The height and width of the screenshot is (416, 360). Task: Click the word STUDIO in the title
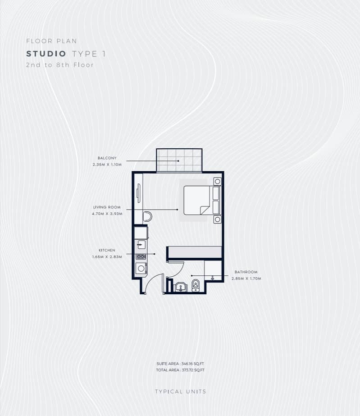click(x=46, y=54)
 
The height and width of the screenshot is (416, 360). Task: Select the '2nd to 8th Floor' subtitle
click(x=60, y=65)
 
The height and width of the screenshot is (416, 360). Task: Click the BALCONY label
click(x=107, y=158)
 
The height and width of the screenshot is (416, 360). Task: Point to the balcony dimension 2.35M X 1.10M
click(x=107, y=165)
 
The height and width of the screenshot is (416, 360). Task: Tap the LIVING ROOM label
click(x=107, y=207)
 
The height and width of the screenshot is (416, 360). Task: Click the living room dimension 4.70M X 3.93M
click(x=107, y=214)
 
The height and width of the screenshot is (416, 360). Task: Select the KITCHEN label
click(x=107, y=250)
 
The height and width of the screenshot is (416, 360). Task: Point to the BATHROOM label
click(x=246, y=272)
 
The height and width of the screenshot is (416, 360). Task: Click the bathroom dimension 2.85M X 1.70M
click(x=246, y=279)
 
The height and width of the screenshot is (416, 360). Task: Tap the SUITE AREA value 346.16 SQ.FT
click(x=192, y=364)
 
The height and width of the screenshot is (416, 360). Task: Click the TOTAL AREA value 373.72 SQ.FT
click(x=193, y=370)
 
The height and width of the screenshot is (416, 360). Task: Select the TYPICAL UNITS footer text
click(x=180, y=392)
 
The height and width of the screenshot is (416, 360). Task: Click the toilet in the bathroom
click(x=196, y=285)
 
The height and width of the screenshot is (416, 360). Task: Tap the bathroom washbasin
click(x=181, y=287)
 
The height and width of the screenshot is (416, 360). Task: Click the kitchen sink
click(x=141, y=245)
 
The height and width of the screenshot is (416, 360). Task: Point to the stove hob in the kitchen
click(x=141, y=256)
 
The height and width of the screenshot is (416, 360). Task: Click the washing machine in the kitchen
click(x=141, y=269)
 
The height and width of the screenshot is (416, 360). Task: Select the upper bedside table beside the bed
click(x=217, y=182)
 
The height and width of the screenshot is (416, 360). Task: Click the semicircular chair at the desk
click(x=147, y=216)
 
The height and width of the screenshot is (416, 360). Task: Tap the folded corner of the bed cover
click(x=205, y=210)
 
